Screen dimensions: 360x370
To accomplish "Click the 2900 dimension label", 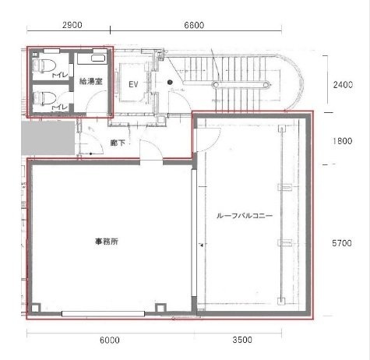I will (x=69, y=25).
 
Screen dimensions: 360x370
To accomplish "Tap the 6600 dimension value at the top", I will (x=193, y=25).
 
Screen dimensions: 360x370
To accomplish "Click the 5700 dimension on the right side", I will (x=342, y=243).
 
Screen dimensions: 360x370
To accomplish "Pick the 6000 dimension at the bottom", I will (x=109, y=341).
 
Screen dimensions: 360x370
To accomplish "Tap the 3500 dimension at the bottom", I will (x=245, y=341).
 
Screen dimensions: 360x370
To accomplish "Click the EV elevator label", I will (x=133, y=83).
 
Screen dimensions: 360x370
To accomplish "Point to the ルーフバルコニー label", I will (x=245, y=216).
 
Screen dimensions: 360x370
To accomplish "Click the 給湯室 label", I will (x=91, y=80).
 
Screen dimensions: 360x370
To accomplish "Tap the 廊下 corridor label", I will (x=118, y=143).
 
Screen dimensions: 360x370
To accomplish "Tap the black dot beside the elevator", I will (x=169, y=82).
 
